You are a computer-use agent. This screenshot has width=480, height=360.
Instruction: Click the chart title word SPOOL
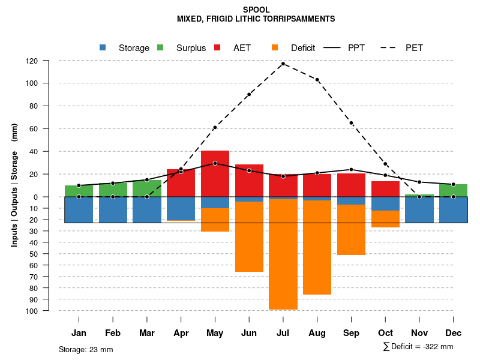tap(256, 10)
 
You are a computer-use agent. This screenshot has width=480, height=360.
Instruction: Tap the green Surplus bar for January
tap(79, 191)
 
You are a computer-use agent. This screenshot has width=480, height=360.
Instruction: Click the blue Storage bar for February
tap(113, 209)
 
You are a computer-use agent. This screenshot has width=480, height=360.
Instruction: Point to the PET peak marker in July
tap(283, 64)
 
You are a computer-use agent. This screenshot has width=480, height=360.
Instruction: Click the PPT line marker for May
tap(215, 163)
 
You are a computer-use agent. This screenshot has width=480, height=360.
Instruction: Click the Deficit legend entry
tap(294, 48)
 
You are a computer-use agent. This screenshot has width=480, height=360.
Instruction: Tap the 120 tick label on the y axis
tap(49, 61)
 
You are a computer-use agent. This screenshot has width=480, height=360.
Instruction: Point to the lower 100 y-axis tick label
tap(49, 311)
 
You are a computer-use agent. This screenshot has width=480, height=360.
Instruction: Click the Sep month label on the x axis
tap(351, 333)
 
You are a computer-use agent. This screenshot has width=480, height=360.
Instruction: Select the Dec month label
tap(453, 333)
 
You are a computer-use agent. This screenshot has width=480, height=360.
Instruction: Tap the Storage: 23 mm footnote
tap(86, 349)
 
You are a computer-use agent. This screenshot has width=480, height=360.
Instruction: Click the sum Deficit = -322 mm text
tap(418, 347)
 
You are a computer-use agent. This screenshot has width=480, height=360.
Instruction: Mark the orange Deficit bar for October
tap(385, 219)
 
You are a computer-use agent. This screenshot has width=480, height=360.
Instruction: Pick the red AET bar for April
tap(181, 183)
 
